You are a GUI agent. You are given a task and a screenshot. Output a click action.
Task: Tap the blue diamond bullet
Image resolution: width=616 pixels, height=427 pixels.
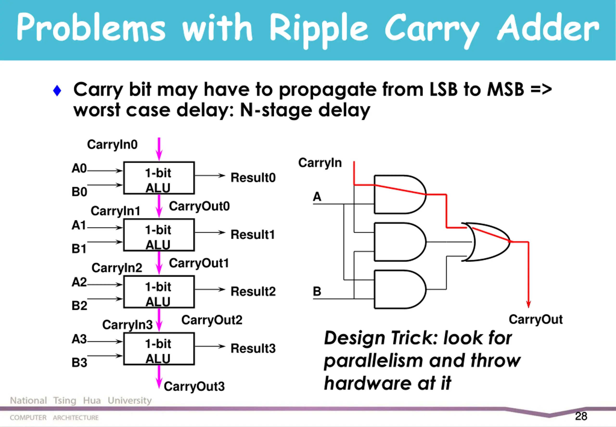pos(57,90)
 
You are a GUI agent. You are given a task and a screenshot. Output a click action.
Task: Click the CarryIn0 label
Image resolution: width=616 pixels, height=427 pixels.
pos(112,145)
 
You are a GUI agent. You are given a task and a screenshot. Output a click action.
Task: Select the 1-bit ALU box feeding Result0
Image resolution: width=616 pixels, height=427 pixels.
pos(159,178)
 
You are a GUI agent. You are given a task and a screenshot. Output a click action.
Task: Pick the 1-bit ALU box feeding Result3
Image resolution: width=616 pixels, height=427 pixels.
pos(159,349)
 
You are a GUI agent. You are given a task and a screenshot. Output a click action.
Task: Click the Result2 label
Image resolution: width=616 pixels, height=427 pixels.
pos(253,291)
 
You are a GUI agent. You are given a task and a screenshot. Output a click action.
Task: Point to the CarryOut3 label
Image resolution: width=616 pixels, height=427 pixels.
pos(194,387)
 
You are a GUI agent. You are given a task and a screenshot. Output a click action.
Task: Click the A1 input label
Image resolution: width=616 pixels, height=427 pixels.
pos(79,225)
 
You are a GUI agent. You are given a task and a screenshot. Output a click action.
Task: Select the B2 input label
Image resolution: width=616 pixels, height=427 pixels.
pos(79,306)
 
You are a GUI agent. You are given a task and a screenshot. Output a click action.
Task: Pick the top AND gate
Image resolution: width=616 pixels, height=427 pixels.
pos(400,194)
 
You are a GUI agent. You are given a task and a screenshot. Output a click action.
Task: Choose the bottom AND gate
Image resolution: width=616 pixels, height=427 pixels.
pos(400,289)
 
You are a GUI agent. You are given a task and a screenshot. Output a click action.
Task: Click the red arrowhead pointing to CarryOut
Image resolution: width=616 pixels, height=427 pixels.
pos(528,304)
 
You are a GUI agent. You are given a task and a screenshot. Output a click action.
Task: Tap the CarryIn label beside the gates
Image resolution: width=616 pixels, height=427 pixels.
pos(320,163)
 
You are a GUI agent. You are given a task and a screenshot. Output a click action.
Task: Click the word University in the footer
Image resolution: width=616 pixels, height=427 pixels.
pos(130,400)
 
